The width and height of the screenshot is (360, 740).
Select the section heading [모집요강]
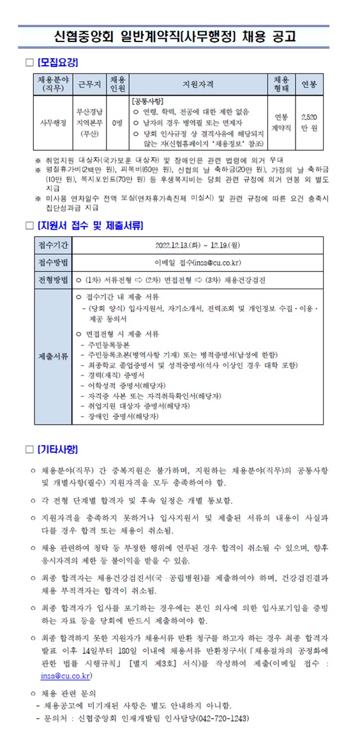coord(58,62)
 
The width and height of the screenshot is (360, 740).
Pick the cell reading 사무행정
coord(53,123)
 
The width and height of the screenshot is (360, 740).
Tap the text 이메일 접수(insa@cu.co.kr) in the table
coord(200,263)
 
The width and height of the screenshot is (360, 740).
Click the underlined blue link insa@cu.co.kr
coord(66,675)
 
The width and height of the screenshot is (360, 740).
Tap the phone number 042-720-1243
coord(221,718)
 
